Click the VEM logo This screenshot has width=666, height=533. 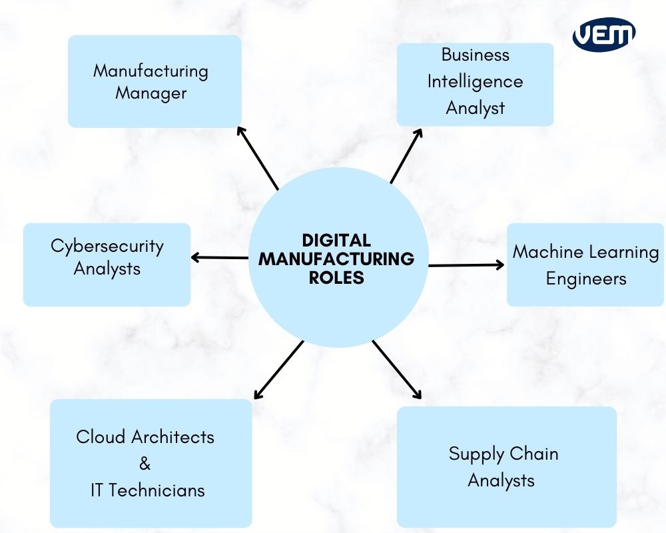(x=604, y=34)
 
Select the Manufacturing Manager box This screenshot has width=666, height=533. (x=155, y=81)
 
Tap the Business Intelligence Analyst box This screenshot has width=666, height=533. (x=475, y=84)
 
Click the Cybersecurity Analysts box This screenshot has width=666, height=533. (x=107, y=265)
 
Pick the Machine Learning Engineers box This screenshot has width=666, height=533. (x=585, y=265)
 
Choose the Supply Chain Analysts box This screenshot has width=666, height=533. (x=506, y=467)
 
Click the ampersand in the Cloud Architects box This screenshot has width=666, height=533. (x=145, y=464)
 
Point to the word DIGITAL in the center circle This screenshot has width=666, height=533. (x=336, y=240)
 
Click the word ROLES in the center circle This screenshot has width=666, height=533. (x=336, y=278)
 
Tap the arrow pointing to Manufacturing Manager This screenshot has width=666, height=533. (x=258, y=157)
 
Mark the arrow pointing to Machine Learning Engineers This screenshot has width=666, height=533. (x=466, y=265)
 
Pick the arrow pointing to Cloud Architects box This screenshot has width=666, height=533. (x=278, y=370)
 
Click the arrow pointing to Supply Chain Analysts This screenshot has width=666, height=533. (x=397, y=370)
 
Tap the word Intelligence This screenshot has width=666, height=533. (x=475, y=82)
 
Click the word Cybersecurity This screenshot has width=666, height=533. (x=107, y=246)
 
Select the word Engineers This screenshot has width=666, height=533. (x=586, y=278)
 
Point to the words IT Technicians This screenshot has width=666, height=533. (x=147, y=490)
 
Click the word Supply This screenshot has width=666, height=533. (x=472, y=454)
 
